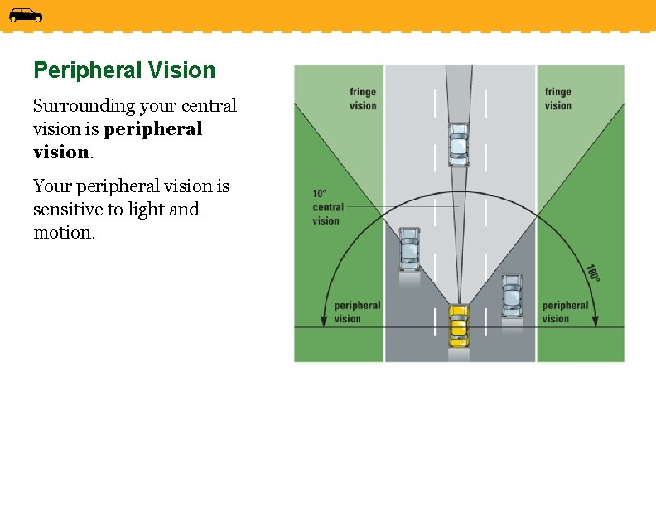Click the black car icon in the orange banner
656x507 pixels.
point(25,15)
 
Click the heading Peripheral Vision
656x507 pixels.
point(124,70)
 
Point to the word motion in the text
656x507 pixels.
point(63,233)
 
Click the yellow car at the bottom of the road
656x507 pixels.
point(458,326)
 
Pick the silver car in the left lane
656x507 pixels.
point(409,249)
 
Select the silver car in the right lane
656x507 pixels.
point(512,295)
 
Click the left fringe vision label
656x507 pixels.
point(363,99)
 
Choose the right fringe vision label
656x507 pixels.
point(558,99)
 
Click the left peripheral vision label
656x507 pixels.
point(357,311)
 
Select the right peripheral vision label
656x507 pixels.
point(566,311)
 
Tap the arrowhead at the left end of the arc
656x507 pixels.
point(324,322)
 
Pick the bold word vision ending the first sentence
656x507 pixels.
point(60,152)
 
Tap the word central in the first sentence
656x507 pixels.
point(208,106)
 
